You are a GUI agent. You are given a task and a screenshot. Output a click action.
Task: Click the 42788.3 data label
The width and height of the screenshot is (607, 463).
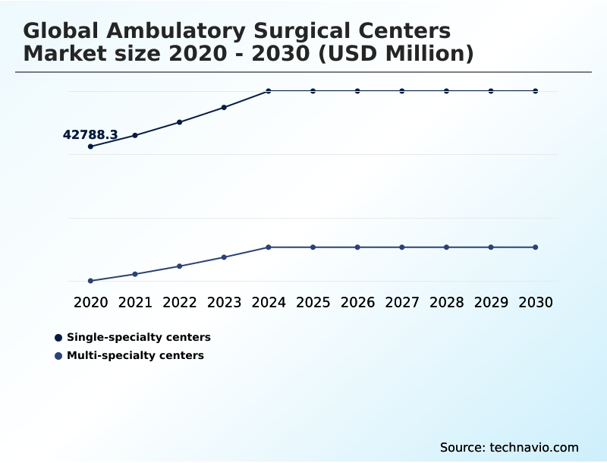click(90, 135)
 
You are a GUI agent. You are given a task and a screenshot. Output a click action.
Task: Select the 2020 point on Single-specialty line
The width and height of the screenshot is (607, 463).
click(90, 146)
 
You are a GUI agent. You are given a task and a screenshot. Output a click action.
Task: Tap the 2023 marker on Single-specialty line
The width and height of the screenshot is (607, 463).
click(224, 107)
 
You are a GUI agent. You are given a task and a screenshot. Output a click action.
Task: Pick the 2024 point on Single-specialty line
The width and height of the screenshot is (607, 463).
click(269, 91)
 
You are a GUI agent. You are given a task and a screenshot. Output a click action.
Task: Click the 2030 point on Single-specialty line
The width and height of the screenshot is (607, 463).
click(536, 91)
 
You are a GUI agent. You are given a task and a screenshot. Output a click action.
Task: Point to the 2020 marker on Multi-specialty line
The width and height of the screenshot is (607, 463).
click(90, 281)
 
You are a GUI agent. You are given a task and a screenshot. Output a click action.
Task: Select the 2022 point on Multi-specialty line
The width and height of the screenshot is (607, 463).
click(180, 266)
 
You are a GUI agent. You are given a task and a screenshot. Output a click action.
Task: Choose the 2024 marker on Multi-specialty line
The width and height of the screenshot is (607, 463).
click(269, 247)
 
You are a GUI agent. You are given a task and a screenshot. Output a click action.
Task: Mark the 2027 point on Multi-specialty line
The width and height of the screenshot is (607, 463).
click(402, 247)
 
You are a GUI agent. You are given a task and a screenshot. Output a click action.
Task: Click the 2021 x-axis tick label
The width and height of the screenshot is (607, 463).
click(135, 302)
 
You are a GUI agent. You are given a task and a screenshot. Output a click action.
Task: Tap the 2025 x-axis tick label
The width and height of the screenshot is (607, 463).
click(313, 302)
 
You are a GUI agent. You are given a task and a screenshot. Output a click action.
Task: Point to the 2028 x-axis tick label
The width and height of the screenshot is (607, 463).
click(446, 302)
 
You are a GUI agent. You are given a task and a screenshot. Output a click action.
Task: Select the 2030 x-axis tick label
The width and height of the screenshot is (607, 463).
click(536, 302)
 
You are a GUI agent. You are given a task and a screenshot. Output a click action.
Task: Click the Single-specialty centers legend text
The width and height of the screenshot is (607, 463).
click(139, 337)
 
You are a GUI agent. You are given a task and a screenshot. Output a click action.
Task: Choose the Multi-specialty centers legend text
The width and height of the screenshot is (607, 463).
click(135, 355)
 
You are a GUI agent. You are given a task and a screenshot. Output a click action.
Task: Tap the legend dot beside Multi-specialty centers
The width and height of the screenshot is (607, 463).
click(58, 355)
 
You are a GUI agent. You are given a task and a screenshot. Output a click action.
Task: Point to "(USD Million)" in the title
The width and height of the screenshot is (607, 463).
click(399, 54)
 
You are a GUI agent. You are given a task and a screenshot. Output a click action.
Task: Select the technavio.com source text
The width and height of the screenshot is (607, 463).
click(534, 447)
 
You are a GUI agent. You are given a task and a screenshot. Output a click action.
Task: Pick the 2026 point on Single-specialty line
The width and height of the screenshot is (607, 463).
click(357, 91)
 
